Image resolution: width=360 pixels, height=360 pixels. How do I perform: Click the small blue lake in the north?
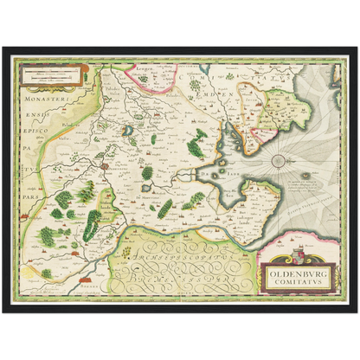pos(128,132)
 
